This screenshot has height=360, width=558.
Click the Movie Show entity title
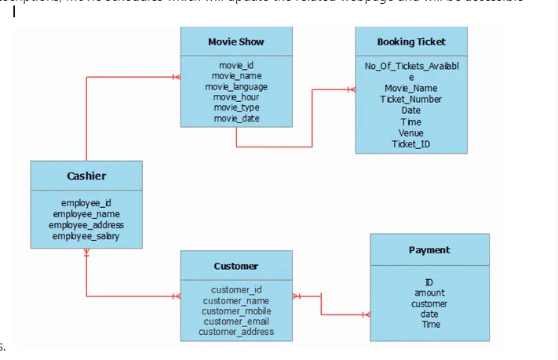click(235, 42)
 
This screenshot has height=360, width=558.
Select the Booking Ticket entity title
click(410, 42)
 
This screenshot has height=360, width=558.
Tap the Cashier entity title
click(86, 176)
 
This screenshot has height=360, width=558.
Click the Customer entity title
click(235, 266)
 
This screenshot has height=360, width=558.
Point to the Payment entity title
click(429, 249)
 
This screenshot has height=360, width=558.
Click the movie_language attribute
click(236, 86)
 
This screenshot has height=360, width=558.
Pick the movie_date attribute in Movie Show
click(236, 118)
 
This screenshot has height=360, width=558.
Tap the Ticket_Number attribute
click(410, 100)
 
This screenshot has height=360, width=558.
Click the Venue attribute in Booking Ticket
click(410, 133)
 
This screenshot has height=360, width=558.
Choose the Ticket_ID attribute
click(410, 144)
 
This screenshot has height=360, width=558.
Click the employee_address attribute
click(86, 225)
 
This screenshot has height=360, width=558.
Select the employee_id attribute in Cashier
click(86, 203)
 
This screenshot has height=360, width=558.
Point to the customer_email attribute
click(235, 321)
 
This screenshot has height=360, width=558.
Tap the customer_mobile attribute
click(235, 311)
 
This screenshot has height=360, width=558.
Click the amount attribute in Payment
click(429, 293)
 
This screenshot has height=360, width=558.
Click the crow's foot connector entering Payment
click(365, 315)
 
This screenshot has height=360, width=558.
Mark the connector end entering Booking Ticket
click(351, 90)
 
